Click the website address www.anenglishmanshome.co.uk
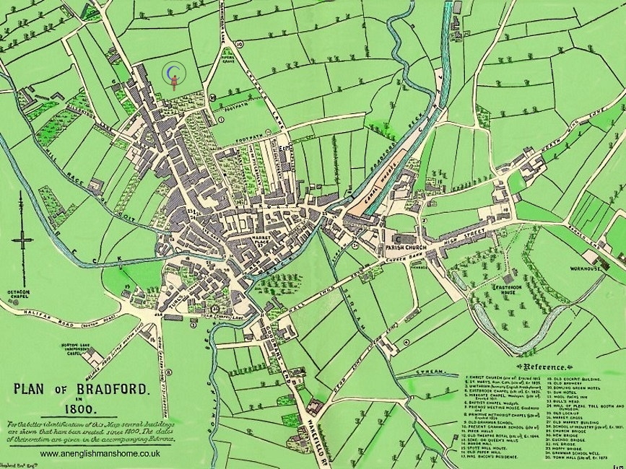click(100, 454)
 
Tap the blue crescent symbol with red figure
click(173, 76)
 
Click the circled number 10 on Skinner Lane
click(239, 45)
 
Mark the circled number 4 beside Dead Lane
click(407, 342)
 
